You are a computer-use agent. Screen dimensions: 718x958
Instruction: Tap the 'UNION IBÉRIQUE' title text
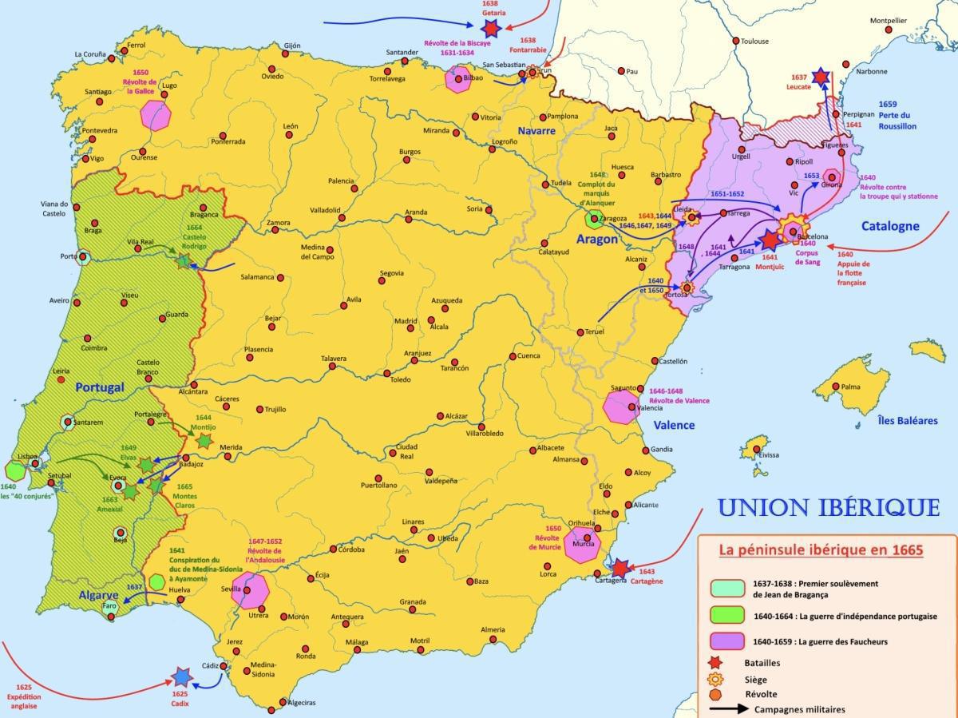tap(828, 507)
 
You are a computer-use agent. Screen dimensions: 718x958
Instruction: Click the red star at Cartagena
tap(620, 568)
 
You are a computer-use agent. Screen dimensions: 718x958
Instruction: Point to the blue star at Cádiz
tap(182, 677)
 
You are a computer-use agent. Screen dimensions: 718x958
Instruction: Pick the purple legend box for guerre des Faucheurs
tap(727, 641)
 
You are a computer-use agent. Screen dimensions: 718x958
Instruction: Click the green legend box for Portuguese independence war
tap(727, 616)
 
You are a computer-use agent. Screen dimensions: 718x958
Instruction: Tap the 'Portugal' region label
tap(100, 387)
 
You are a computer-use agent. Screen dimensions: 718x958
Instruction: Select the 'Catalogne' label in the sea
tap(890, 226)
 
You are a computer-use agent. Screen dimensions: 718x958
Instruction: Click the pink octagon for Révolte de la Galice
tap(156, 115)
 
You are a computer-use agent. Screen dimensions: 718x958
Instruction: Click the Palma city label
tap(850, 387)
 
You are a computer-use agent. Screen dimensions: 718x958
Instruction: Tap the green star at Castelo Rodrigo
tap(184, 260)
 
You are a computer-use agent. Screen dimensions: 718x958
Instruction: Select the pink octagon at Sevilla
tap(250, 591)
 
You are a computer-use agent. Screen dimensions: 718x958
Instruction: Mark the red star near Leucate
tap(821, 77)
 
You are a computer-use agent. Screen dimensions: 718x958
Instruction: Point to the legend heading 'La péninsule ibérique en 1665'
tap(821, 550)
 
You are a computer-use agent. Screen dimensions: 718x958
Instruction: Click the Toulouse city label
tap(754, 41)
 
